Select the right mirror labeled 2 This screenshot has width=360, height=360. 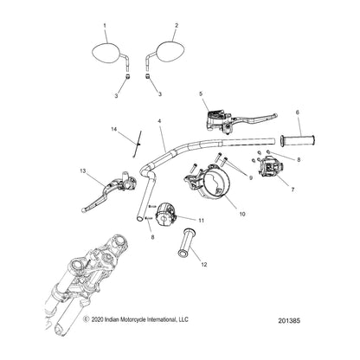coord(169,52)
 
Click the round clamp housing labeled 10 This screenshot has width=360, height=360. coord(208,183)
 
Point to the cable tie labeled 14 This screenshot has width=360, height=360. coord(138,144)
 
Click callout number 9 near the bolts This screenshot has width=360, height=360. coord(251,178)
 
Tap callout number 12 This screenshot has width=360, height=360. coord(204,264)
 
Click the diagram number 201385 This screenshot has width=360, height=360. coord(289,320)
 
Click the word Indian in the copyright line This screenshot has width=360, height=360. coord(111,319)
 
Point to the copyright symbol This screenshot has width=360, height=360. coord(86,319)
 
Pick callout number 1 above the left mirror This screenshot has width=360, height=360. coord(105,26)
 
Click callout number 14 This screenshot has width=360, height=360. coord(114,130)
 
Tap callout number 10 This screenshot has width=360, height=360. coord(242,214)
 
